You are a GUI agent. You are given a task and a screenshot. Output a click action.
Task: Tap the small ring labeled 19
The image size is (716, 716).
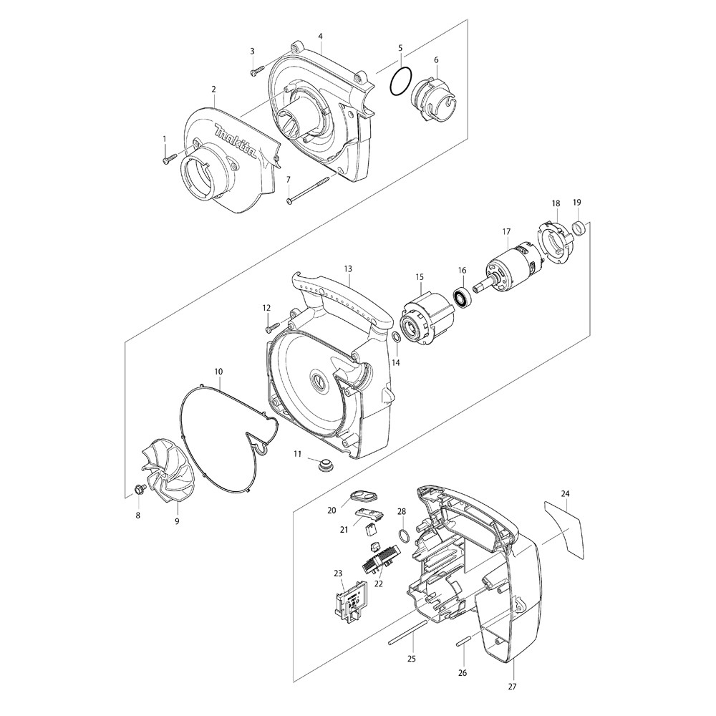[x=581, y=229]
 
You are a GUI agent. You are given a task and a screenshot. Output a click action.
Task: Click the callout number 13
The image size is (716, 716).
[x=348, y=269]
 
